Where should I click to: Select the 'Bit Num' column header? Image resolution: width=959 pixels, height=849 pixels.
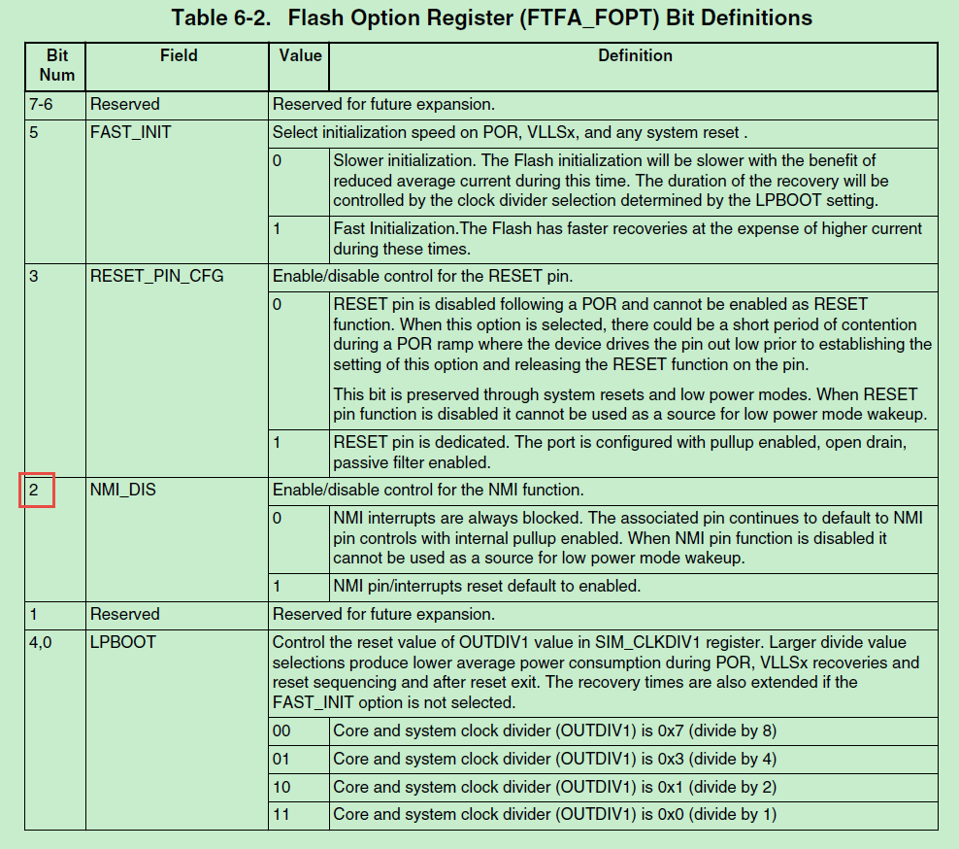[57, 66]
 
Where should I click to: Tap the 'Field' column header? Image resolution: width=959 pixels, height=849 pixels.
[179, 56]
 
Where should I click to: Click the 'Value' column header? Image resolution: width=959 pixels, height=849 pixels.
[299, 56]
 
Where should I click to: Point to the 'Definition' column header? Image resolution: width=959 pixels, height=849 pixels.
[635, 56]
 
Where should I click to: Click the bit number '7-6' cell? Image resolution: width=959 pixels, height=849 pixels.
[44, 104]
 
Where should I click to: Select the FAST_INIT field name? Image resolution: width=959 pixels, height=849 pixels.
[130, 132]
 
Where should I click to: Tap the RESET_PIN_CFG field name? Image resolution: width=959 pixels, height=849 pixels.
[156, 276]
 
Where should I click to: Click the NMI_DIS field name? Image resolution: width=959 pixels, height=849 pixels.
[122, 490]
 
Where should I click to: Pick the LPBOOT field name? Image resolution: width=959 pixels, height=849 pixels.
[122, 642]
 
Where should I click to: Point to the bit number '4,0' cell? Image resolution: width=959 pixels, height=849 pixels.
[42, 642]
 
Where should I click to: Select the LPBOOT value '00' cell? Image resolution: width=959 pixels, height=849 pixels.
[282, 730]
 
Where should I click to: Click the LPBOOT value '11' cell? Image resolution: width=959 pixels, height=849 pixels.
[281, 814]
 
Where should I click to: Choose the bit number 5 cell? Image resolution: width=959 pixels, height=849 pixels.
[34, 132]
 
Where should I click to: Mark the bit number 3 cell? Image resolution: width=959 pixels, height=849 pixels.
[34, 276]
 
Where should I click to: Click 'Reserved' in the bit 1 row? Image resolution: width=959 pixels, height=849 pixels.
[124, 614]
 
